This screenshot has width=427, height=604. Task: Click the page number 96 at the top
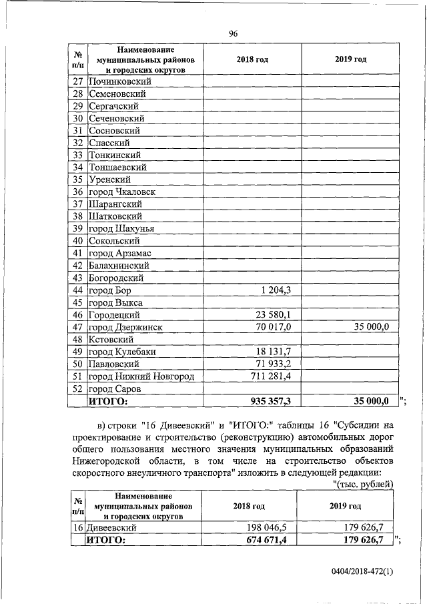pyautogui.click(x=233, y=34)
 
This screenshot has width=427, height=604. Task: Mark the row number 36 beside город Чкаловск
pyautogui.click(x=77, y=192)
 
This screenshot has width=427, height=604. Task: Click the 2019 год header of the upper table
pyautogui.click(x=350, y=59)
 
